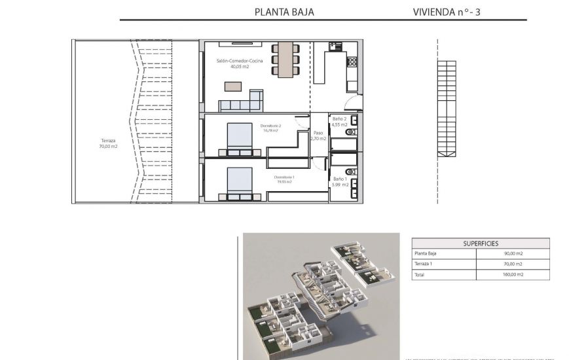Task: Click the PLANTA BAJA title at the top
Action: point(284,12)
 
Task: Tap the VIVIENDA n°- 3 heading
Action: point(447,12)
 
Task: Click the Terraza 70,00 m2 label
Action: point(109,143)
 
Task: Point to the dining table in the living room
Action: point(285,60)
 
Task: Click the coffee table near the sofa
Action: point(232,86)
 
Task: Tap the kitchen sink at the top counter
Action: point(336,46)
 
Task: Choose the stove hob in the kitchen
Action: point(352,62)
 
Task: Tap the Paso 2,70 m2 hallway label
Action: point(318,136)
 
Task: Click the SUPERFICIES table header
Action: point(481,243)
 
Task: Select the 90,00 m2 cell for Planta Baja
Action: point(512,254)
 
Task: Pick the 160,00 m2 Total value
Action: point(512,275)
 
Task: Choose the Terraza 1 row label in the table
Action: point(424,264)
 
